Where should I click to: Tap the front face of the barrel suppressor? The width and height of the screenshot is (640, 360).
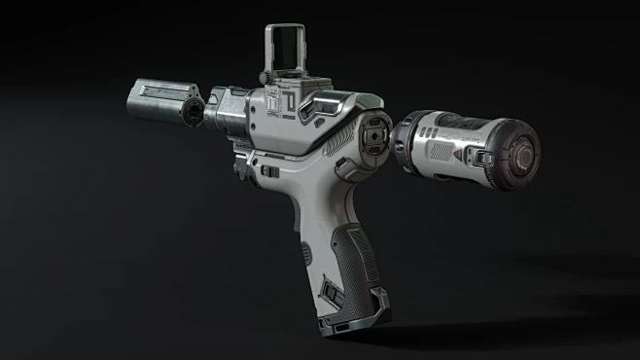(x=193, y=109)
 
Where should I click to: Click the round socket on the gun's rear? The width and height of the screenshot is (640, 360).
(x=373, y=137)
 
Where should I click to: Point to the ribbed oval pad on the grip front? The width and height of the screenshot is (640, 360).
(x=305, y=256)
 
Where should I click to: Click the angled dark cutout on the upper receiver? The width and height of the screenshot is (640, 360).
(x=321, y=110)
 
